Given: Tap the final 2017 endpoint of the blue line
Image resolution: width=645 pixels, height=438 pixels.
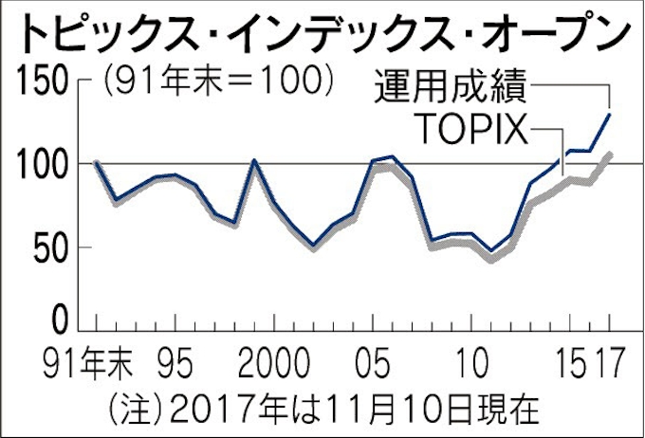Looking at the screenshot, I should click(609, 115).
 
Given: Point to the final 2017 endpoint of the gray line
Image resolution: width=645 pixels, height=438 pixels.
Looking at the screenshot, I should click(609, 154).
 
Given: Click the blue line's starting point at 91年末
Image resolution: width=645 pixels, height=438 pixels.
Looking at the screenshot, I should click(96, 163).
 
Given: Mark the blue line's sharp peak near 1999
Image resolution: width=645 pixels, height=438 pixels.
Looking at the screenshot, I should click(254, 160).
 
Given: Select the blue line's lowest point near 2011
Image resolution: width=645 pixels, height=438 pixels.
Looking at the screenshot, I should click(491, 251).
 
